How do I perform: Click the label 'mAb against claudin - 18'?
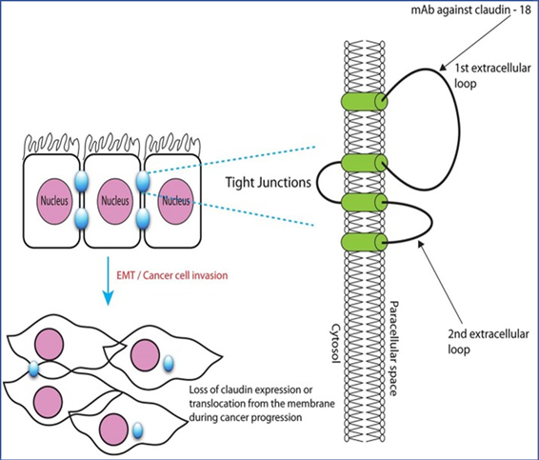coord(471,10)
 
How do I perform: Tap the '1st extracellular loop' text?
coord(492,75)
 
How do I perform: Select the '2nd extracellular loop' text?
coord(489,341)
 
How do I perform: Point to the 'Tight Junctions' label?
coord(269,182)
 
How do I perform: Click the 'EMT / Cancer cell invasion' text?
coord(172,275)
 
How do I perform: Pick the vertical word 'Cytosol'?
coord(335,348)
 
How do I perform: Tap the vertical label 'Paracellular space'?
coord(393,349)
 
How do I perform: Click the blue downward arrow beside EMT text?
coord(109,281)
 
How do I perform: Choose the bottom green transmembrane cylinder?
coord(365,242)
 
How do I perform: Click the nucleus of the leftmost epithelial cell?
coord(54,201)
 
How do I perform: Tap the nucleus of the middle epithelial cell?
coord(115,201)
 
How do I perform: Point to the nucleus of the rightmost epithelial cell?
coord(175,201)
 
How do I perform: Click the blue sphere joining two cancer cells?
coord(33,369)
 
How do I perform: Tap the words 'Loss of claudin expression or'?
coord(251,390)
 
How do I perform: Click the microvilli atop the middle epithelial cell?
coord(112,145)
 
